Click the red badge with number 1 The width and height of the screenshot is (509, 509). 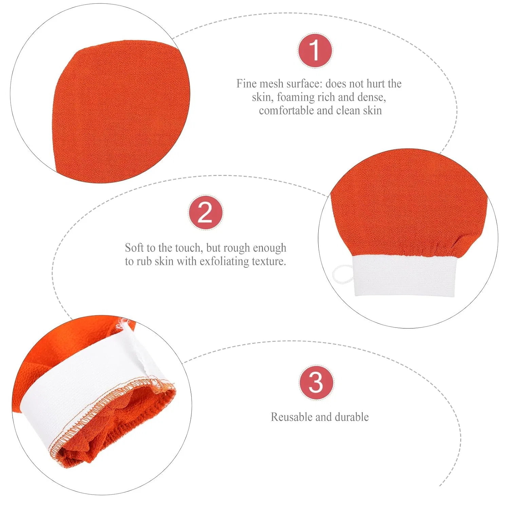(315, 51)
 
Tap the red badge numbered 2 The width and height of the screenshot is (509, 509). (206, 213)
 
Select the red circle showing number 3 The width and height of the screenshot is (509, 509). (316, 382)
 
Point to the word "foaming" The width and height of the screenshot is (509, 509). (296, 97)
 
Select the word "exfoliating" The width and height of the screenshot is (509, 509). (224, 261)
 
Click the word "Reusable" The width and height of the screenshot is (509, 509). (291, 417)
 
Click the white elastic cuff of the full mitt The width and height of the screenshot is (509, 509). (404, 275)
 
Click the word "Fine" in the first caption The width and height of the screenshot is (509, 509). (246, 83)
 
